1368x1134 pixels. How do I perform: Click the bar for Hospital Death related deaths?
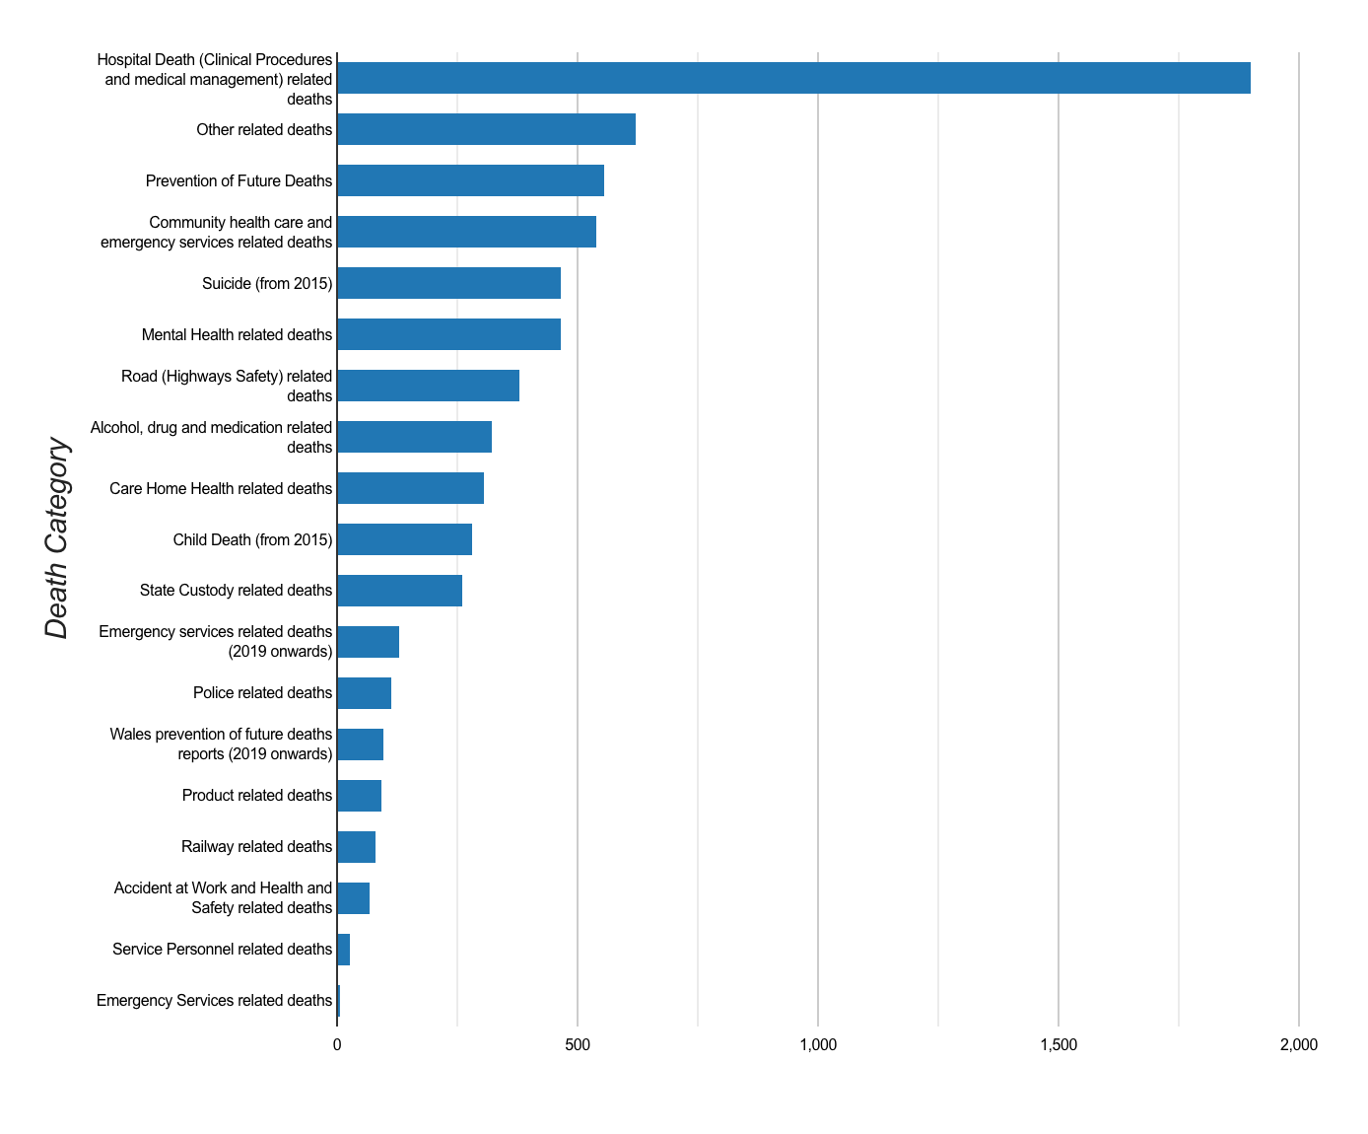click(x=793, y=78)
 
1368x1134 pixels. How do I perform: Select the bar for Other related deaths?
click(x=486, y=129)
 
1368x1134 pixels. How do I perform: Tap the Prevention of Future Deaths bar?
click(x=470, y=180)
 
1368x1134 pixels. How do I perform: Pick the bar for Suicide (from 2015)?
click(x=448, y=283)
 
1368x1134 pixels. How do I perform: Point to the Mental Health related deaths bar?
click(x=448, y=334)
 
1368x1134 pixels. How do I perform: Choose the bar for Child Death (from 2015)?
click(x=404, y=539)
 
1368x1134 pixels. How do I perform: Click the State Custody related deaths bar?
click(x=399, y=591)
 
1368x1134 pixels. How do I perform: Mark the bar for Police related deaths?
click(x=364, y=693)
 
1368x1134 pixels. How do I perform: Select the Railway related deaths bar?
click(x=356, y=847)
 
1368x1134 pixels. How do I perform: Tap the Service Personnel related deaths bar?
click(x=343, y=950)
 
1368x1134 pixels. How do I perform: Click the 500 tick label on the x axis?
click(x=578, y=1045)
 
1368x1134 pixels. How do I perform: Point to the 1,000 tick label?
click(x=818, y=1045)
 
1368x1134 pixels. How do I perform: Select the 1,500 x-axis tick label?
click(x=1059, y=1045)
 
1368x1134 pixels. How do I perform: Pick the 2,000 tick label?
click(x=1298, y=1045)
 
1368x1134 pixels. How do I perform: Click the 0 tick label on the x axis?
click(x=337, y=1045)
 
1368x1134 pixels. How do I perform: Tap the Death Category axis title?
click(x=57, y=538)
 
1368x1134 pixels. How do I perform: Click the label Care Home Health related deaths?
click(x=221, y=489)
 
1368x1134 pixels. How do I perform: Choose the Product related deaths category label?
click(x=257, y=796)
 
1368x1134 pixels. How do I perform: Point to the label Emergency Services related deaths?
click(x=214, y=1001)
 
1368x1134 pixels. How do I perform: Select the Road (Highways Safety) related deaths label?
click(x=227, y=387)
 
